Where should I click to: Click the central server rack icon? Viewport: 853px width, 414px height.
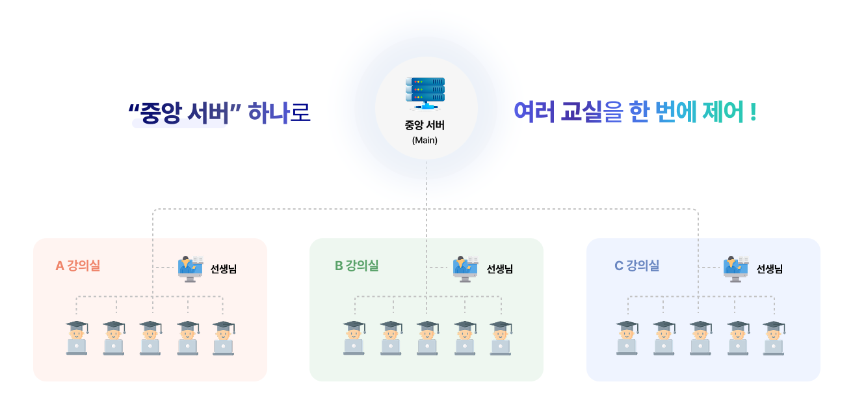pos(426,93)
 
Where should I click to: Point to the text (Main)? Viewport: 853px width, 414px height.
pos(425,140)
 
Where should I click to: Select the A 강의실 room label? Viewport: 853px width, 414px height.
pos(78,266)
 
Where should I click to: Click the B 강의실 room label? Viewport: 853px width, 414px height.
pos(356,266)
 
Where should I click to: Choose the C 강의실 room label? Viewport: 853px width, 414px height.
pos(636,266)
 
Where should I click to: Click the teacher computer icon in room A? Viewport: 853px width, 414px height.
pos(190,268)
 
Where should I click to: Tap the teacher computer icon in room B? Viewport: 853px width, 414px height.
pos(466,268)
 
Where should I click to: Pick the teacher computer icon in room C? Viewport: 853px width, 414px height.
pos(736,268)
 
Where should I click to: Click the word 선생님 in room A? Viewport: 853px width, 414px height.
pos(224,269)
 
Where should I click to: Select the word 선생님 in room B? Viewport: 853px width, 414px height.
pos(500,269)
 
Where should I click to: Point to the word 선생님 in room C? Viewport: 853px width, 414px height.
pos(770,269)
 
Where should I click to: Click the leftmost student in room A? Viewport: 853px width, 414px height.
pos(77,337)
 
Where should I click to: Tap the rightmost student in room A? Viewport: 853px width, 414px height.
pos(223,337)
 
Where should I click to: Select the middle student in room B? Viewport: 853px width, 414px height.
pos(427,337)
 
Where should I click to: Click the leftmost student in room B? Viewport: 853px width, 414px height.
pos(354,337)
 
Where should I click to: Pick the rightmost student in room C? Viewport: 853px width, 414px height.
pos(773,337)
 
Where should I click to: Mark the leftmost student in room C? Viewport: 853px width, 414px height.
pos(627,337)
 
